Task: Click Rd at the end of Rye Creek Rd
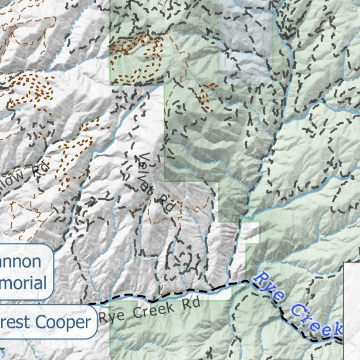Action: (192, 303)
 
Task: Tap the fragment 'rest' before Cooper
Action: (15, 322)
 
